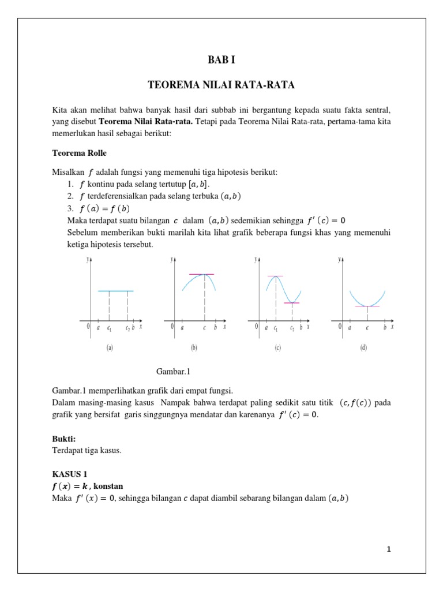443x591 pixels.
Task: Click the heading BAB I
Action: click(x=221, y=59)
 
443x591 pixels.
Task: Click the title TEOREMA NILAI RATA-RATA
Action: click(x=221, y=85)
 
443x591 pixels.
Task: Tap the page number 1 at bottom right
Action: click(x=389, y=549)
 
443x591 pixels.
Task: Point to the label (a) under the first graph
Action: click(x=110, y=348)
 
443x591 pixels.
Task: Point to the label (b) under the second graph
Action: click(x=194, y=348)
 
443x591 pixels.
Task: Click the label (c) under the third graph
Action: click(x=278, y=348)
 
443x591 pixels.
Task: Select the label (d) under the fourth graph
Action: click(x=363, y=348)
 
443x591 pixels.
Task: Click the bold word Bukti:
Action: click(x=64, y=439)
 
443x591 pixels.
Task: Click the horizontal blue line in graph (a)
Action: click(x=116, y=291)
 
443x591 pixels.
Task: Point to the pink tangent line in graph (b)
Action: click(x=201, y=274)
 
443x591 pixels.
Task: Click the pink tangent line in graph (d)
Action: click(x=367, y=306)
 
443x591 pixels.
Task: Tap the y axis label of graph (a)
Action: click(x=88, y=260)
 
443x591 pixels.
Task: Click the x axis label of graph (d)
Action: click(x=392, y=327)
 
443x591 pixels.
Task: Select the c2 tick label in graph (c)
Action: click(x=292, y=328)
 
